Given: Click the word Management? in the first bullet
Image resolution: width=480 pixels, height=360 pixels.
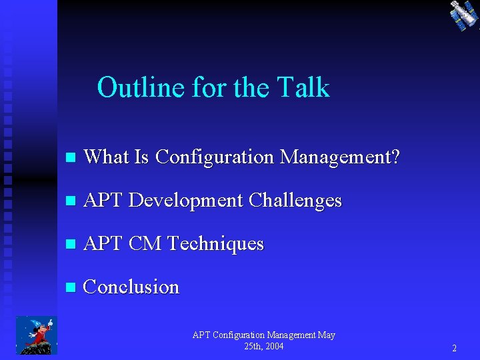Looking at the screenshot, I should point(340,157).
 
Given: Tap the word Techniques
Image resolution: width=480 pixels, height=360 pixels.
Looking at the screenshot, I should point(215,243).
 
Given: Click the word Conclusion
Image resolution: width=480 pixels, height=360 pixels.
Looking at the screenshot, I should point(131,287).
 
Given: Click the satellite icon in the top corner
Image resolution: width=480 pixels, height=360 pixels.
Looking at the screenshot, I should point(462,15).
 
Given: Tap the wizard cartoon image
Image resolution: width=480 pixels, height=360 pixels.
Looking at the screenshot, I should point(36,335).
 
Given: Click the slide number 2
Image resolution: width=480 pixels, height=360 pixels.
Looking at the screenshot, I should point(454,348).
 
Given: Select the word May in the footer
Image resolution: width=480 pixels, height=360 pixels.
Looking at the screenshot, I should point(327,335).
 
